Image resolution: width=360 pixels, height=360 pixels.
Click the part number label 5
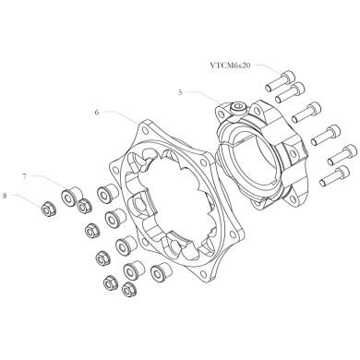pyautogui.click(x=182, y=92)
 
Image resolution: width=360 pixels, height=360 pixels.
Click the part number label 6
pyautogui.click(x=97, y=111)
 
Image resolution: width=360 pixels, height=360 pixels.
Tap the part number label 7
pyautogui.click(x=26, y=174)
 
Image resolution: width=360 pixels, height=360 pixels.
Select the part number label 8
pyautogui.click(x=7, y=195)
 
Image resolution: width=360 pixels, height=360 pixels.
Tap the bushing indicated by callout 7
pyautogui.click(x=68, y=196)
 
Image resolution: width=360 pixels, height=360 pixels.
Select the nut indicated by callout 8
pyautogui.click(x=43, y=202)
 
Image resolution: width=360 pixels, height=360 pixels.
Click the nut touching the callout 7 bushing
pyautogui.click(x=83, y=205)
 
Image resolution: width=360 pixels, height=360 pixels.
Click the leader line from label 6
pyautogui.click(x=120, y=114)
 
